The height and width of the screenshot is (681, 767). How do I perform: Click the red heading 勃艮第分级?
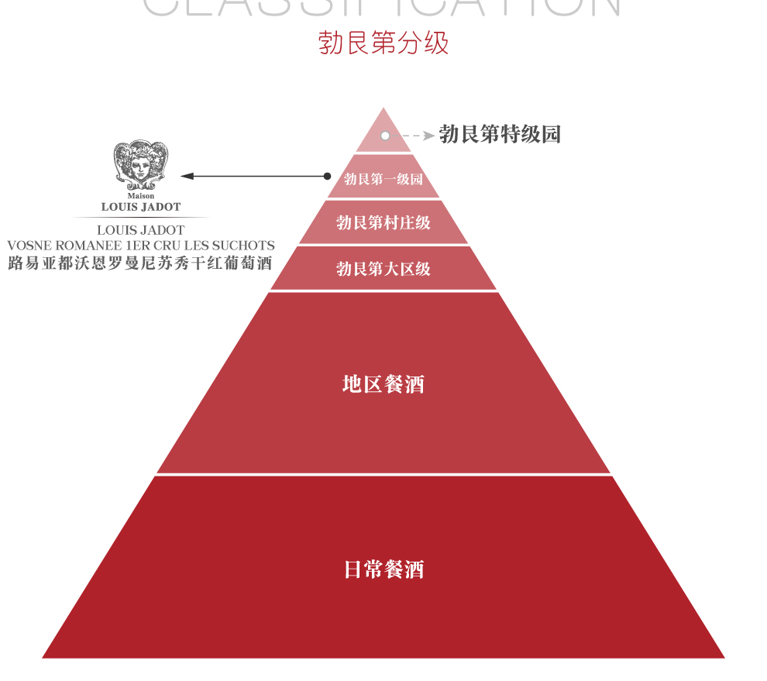pyautogui.click(x=383, y=43)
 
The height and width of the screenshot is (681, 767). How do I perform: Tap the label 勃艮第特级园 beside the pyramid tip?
pyautogui.click(x=499, y=135)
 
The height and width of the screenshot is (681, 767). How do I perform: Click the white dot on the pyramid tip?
pyautogui.click(x=385, y=136)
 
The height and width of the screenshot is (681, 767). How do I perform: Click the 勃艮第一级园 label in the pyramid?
pyautogui.click(x=383, y=179)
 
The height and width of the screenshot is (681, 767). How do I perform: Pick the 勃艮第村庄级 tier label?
pyautogui.click(x=383, y=223)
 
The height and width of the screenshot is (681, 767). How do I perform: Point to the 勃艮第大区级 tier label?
pyautogui.click(x=383, y=269)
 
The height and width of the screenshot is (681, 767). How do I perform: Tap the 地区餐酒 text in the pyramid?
pyautogui.click(x=383, y=383)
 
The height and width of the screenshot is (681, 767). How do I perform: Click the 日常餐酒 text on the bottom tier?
pyautogui.click(x=383, y=570)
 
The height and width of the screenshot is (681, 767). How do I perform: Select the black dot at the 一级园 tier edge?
pyautogui.click(x=328, y=177)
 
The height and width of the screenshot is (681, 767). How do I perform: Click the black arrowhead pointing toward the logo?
pyautogui.click(x=187, y=177)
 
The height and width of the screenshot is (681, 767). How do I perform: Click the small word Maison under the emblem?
pyautogui.click(x=141, y=196)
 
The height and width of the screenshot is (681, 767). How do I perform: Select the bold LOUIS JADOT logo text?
pyautogui.click(x=141, y=207)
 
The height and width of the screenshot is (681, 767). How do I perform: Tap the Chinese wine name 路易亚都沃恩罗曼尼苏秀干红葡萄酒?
pyautogui.click(x=140, y=263)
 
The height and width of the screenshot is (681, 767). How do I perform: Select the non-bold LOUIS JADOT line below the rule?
pyautogui.click(x=141, y=230)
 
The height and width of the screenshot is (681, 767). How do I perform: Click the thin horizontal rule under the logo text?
pyautogui.click(x=141, y=217)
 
